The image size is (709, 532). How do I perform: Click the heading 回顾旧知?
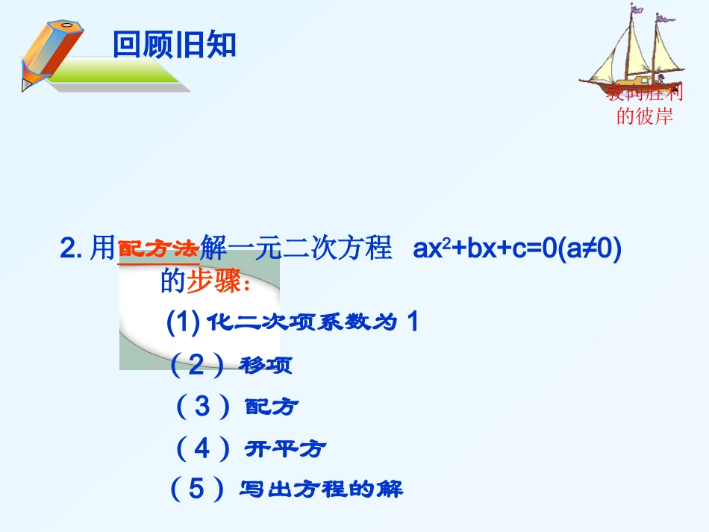[174, 45]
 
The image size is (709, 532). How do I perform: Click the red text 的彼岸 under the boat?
[644, 116]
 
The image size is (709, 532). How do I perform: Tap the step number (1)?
[182, 322]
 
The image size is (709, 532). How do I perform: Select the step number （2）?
[196, 364]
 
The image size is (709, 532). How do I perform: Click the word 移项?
[266, 366]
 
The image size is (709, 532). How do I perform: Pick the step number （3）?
[202, 406]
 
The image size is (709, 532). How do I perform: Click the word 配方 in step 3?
[272, 407]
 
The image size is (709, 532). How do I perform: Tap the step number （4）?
[202, 448]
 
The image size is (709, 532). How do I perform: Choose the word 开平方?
[285, 449]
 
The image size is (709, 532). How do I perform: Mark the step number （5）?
[196, 489]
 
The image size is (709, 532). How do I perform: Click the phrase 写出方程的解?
[321, 489]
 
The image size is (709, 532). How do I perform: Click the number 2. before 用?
[72, 250]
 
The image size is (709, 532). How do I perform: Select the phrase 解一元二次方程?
[296, 249]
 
